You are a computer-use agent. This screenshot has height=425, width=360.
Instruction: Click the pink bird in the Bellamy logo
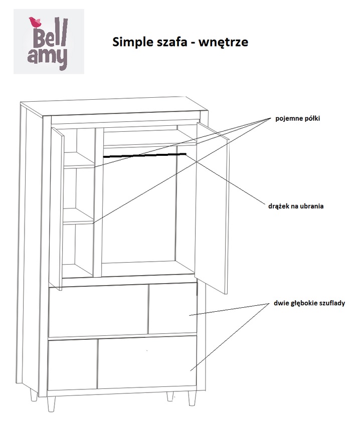tap(35, 23)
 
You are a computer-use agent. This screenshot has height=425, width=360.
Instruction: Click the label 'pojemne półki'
tap(298, 118)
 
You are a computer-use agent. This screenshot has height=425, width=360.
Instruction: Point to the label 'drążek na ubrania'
tap(296, 206)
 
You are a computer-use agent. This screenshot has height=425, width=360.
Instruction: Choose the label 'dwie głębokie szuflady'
tap(309, 303)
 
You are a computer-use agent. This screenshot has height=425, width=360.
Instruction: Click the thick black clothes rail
tap(144, 155)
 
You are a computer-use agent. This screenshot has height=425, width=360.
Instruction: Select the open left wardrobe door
tap(58, 208)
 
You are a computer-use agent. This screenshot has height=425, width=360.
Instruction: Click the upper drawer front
tap(122, 310)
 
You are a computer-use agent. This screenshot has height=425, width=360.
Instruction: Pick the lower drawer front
tap(122, 363)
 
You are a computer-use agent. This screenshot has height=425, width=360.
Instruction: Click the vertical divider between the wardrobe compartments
tap(98, 202)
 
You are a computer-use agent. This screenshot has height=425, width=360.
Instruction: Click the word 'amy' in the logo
tap(47, 57)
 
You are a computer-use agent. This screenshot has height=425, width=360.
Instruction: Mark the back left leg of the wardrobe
tap(34, 395)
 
